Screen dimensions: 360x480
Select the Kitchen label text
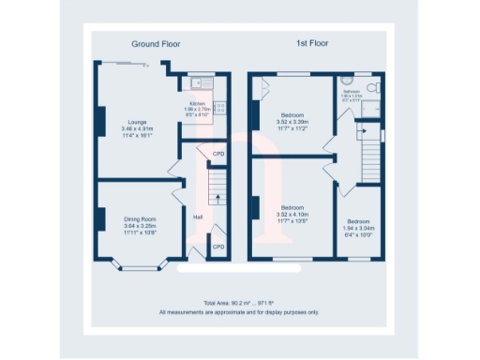(198, 103)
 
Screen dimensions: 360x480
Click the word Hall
(198, 217)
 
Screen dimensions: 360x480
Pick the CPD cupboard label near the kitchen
(217, 153)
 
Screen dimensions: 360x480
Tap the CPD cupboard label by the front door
(217, 247)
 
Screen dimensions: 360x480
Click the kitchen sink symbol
(199, 82)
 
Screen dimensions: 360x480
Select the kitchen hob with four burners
(219, 108)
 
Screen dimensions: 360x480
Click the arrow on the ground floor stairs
(217, 198)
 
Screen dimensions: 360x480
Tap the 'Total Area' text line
(239, 304)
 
